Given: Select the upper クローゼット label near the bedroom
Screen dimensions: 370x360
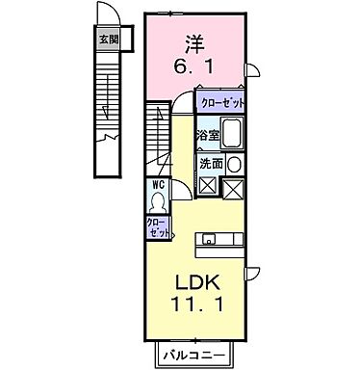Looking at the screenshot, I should (x=221, y=102).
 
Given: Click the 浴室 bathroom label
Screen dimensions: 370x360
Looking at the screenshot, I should (x=208, y=134).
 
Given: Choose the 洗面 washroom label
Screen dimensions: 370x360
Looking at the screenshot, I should (x=212, y=163).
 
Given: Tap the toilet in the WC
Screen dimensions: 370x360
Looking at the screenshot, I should (x=158, y=202).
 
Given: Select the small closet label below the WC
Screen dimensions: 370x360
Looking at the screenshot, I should (x=159, y=227).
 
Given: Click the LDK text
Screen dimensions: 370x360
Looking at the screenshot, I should (x=197, y=285).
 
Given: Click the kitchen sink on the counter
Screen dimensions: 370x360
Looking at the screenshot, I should (x=214, y=240).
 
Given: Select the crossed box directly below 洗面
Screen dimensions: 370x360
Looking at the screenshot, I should (x=207, y=186).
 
